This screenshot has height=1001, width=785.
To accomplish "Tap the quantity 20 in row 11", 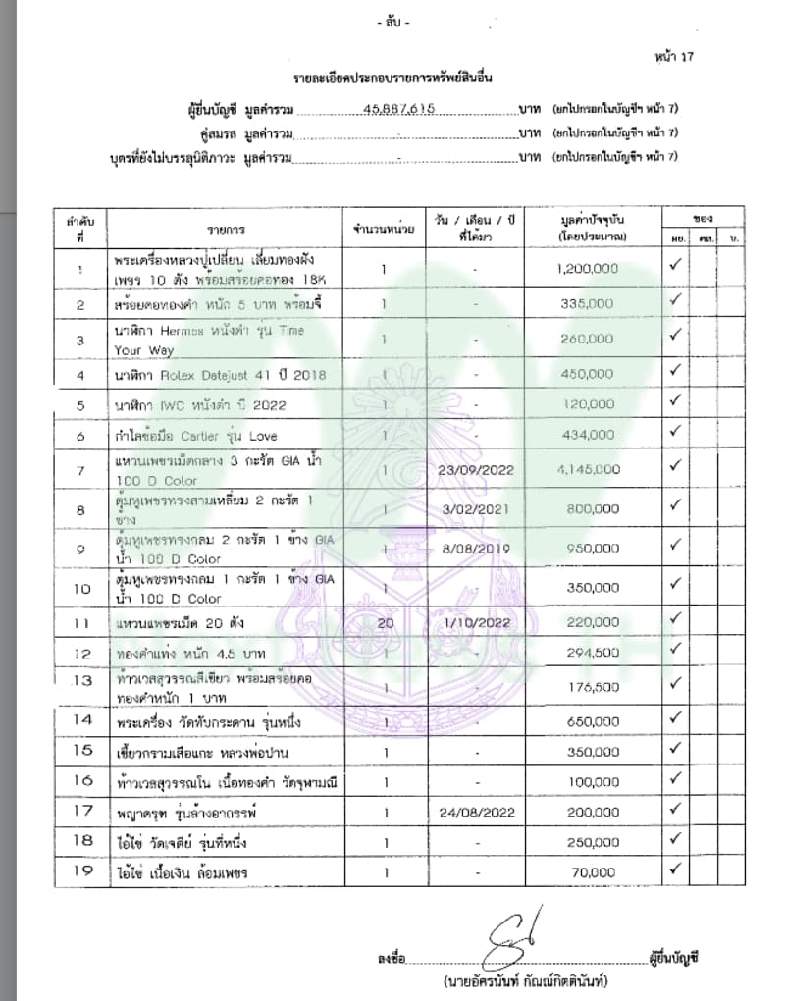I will (x=384, y=622).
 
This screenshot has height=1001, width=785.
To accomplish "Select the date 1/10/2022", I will (x=473, y=622).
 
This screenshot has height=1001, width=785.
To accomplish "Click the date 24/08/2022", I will (x=473, y=813).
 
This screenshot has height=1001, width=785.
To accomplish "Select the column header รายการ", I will (x=226, y=229).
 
